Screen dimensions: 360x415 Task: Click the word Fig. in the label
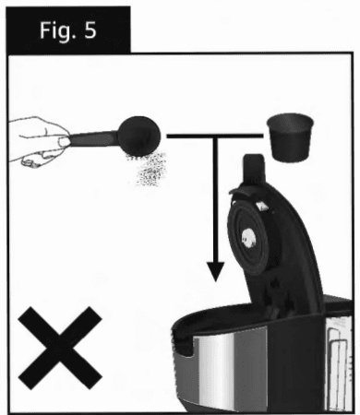click(57, 31)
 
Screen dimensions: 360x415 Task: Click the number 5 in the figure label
click(90, 30)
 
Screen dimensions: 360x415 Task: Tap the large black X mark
click(60, 348)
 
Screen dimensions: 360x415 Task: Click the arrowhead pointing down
click(215, 271)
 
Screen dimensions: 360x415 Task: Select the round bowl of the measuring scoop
click(139, 136)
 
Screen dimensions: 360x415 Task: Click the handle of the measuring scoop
click(92, 138)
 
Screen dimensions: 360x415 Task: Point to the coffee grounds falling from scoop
click(147, 169)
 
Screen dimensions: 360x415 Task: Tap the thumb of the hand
click(64, 142)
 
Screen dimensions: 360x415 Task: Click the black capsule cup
click(290, 137)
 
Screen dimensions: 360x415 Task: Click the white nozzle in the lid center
click(249, 238)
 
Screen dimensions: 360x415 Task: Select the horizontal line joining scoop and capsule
click(215, 136)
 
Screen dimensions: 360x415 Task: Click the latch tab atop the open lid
click(254, 169)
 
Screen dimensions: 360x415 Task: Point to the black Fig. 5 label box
click(68, 30)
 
